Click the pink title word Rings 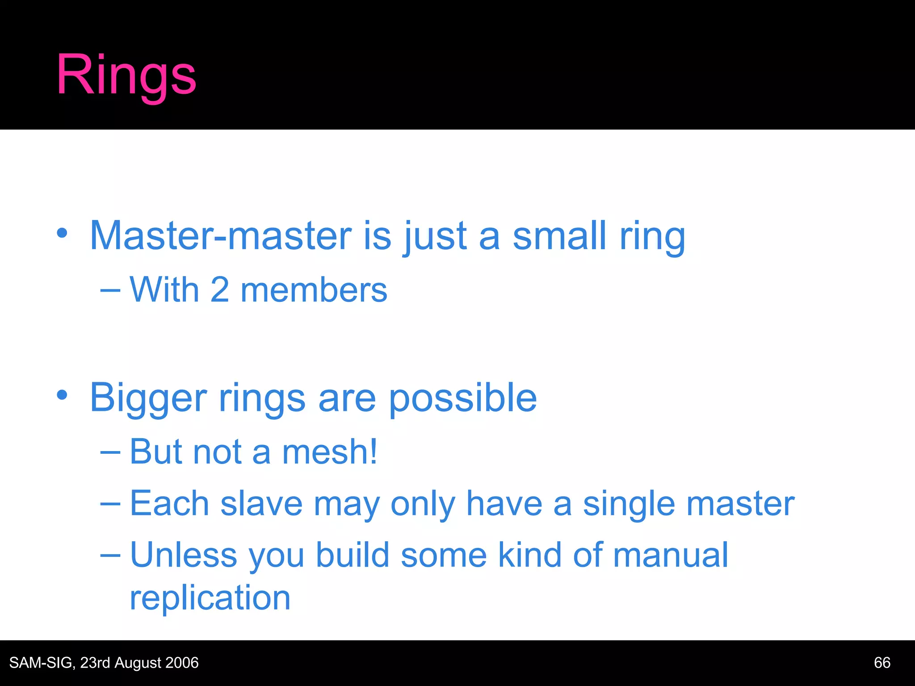coord(126,75)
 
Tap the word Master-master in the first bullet coord(221,236)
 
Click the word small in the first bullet coord(559,236)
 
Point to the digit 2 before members coord(219,290)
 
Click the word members coord(314,290)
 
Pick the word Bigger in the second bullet coord(148,398)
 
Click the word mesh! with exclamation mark coord(330,452)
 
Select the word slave coord(261,504)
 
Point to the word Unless coord(183,555)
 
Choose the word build coord(353,555)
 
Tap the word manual coord(670,555)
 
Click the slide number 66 coord(882,663)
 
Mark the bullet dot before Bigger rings coord(62,395)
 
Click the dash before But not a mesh coord(110,452)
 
